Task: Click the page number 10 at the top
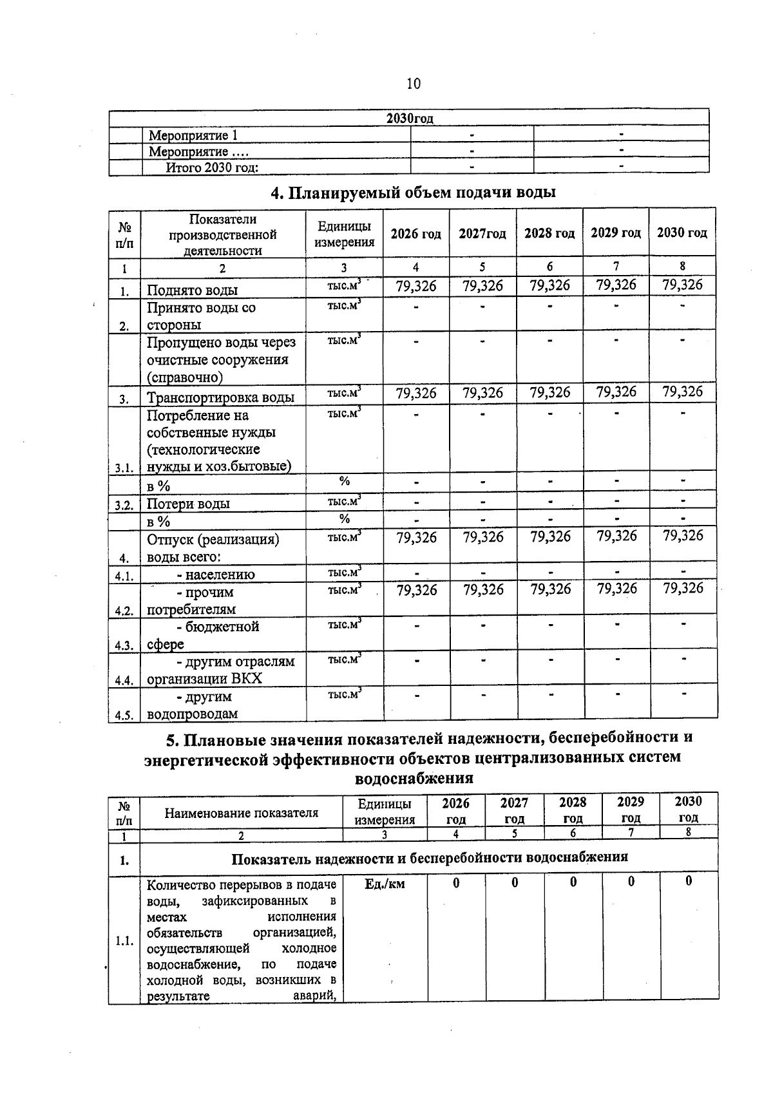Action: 414,84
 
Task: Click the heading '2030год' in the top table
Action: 410,119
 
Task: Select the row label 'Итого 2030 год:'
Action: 212,168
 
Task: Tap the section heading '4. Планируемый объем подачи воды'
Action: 413,193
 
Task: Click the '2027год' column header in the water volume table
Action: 482,233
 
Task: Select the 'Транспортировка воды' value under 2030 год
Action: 682,392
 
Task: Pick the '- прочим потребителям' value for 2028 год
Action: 550,589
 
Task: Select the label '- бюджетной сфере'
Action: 204,635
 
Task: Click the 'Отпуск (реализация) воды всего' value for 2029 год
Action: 616,537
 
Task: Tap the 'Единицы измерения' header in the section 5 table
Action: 385,812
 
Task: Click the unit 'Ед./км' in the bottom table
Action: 385,884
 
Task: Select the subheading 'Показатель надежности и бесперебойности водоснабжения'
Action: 429,858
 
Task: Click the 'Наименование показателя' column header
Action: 241,813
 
